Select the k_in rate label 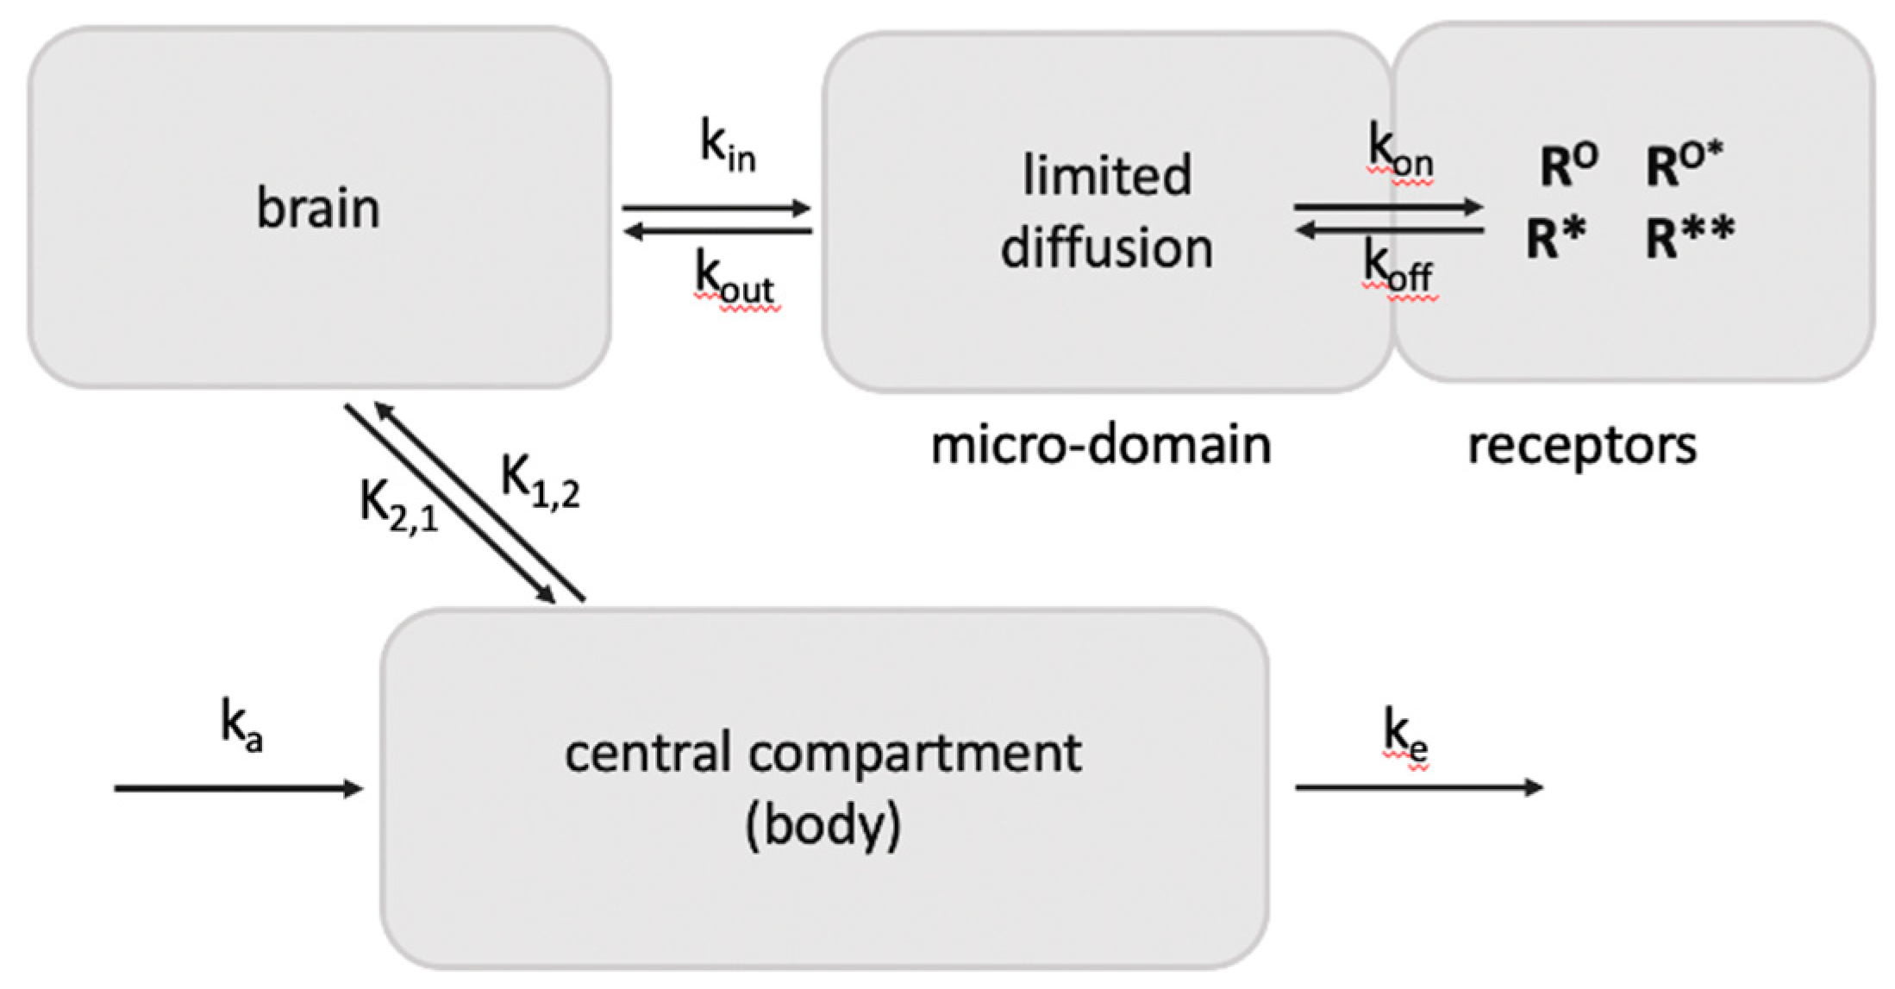coord(727,147)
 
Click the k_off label coord(1398,268)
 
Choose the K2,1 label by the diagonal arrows coord(398,504)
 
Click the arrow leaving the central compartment coord(1418,786)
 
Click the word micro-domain coord(1101,446)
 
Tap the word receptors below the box coord(1582,447)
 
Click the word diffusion coord(1106,248)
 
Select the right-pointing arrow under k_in coord(716,208)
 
